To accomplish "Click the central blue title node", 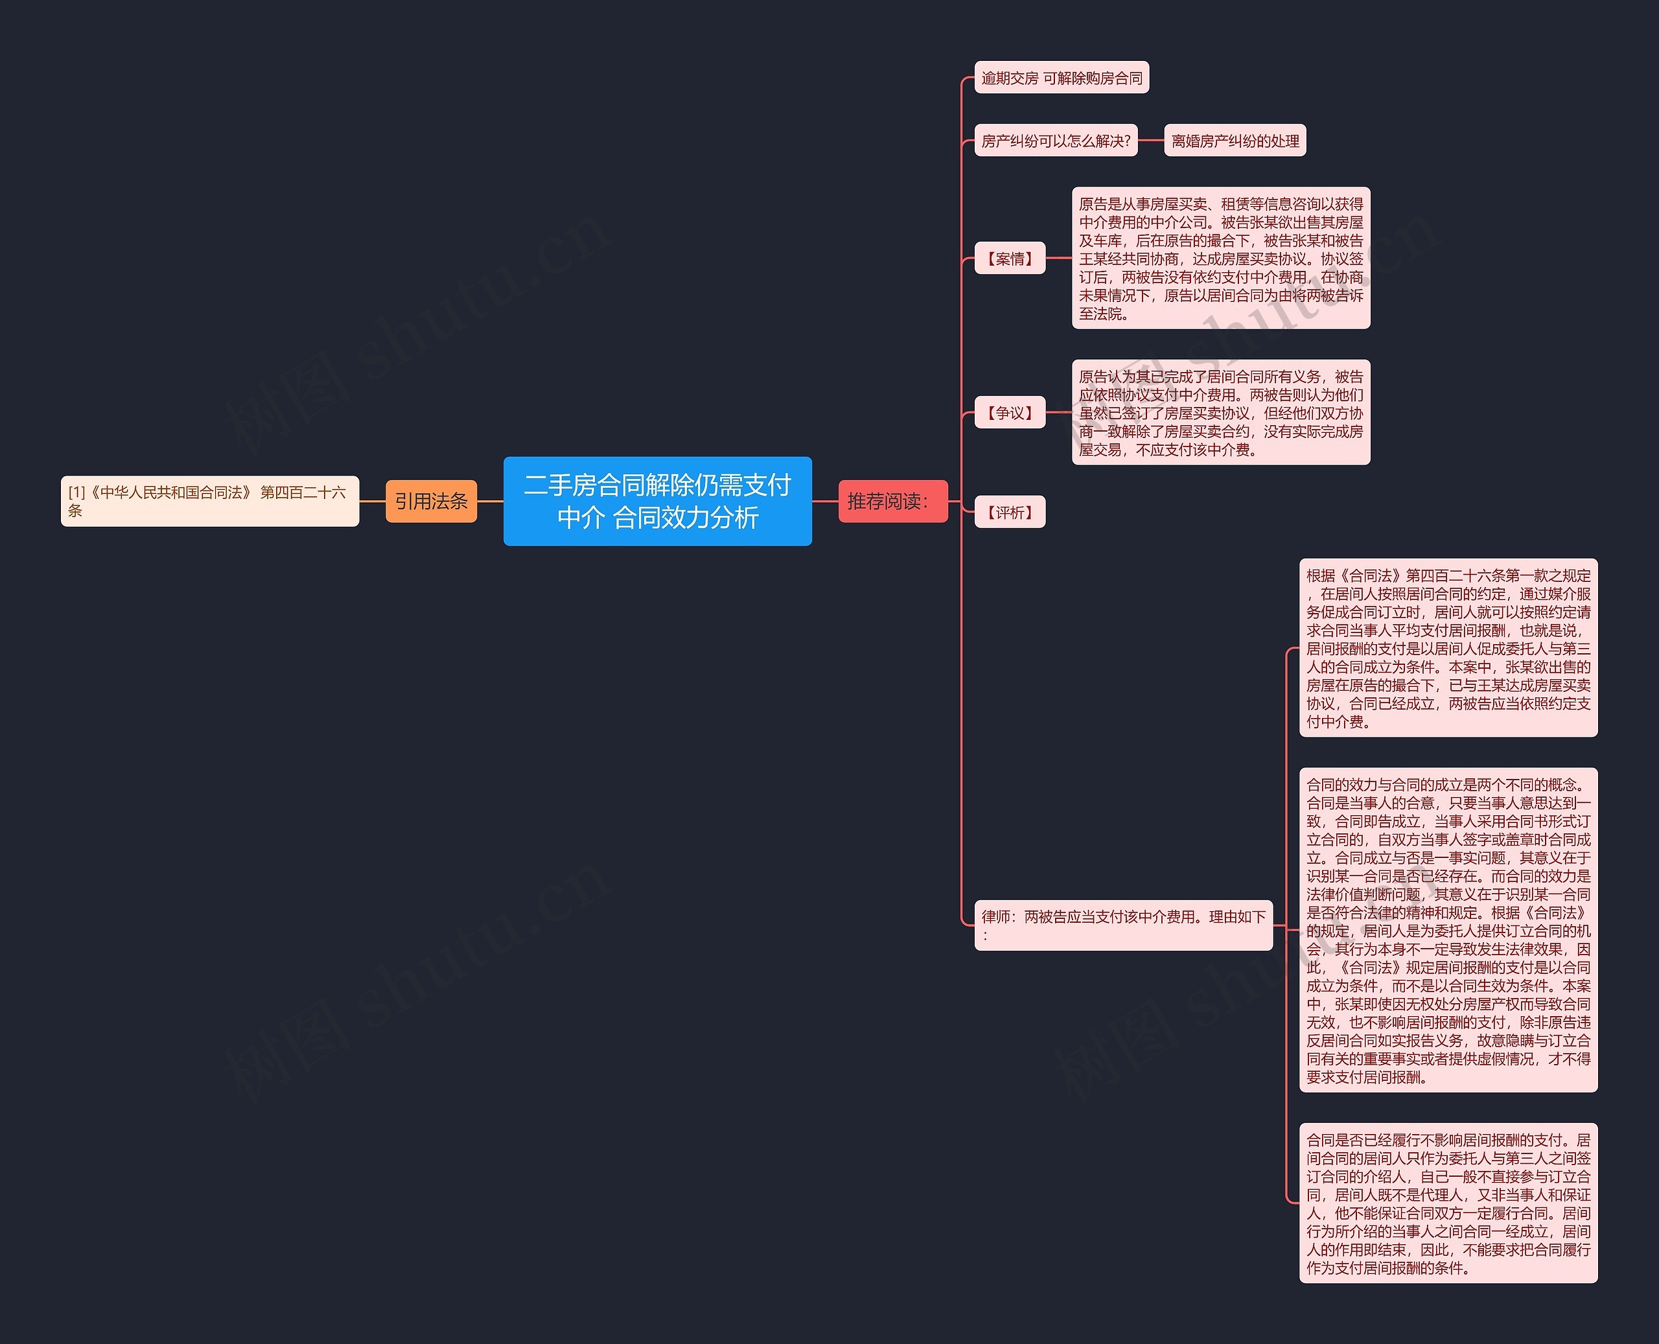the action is [x=657, y=501].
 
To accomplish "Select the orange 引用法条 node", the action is [x=431, y=501].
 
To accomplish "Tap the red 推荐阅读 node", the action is [x=892, y=501].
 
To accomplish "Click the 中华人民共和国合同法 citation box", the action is [x=210, y=501].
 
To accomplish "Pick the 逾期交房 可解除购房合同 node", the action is [x=1062, y=77].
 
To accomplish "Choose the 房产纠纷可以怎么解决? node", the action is [x=1056, y=140].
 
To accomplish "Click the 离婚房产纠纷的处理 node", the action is [x=1235, y=140].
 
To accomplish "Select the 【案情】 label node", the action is [x=1010, y=258].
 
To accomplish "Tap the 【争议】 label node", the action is [x=1010, y=412].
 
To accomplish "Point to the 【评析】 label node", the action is [x=1010, y=512].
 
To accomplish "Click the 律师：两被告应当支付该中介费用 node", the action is [x=1123, y=924].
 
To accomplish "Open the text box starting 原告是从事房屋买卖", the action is [x=1221, y=258].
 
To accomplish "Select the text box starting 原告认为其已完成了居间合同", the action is [x=1221, y=412].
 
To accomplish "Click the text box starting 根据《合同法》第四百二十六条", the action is [x=1448, y=648].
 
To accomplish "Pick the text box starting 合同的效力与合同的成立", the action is [x=1448, y=930].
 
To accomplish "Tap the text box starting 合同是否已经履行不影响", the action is [x=1448, y=1203].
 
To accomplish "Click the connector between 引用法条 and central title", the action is [x=490, y=501].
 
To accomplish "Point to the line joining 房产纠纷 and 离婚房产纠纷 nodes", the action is [x=1150, y=140].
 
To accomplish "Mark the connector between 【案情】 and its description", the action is [x=1058, y=258].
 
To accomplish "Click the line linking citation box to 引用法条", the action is [x=373, y=501].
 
